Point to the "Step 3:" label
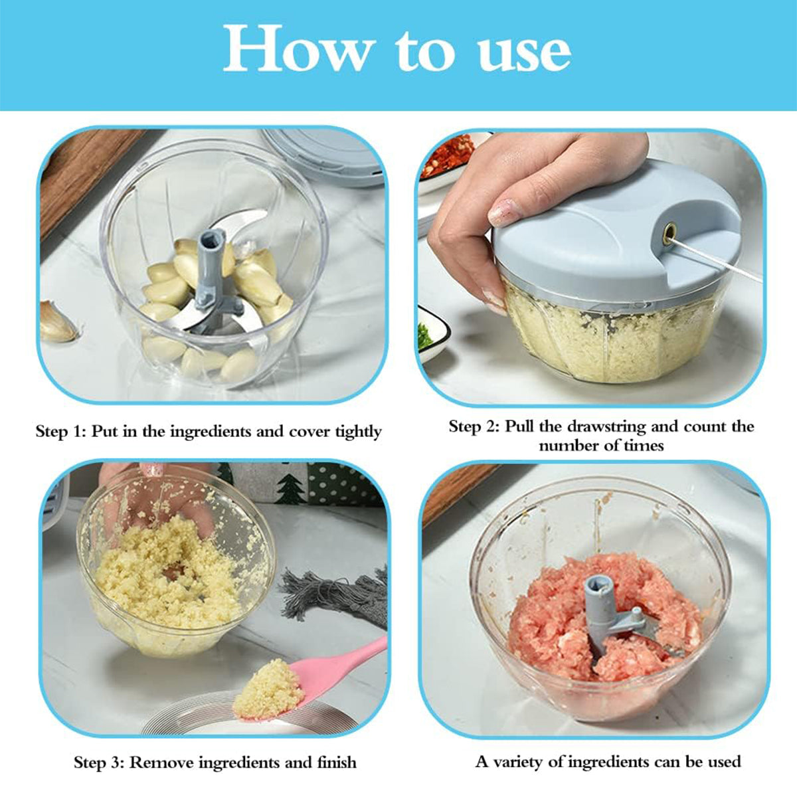coord(99,762)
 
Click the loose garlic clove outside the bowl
coord(58,323)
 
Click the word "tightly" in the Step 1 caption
coord(359,432)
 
